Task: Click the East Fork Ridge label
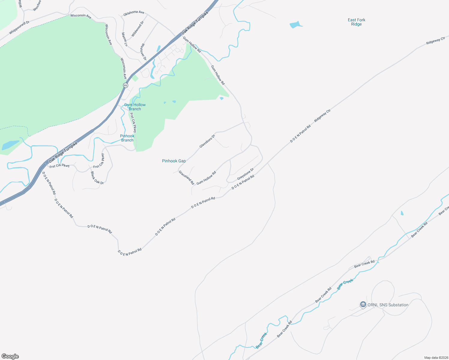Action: click(x=357, y=22)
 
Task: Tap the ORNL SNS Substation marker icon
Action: click(x=363, y=305)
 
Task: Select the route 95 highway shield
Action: click(x=125, y=85)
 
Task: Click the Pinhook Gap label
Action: click(x=174, y=161)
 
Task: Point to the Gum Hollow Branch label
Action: click(x=135, y=107)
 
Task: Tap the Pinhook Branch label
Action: click(x=127, y=138)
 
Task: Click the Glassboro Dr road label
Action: click(x=207, y=141)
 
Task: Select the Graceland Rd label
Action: click(x=186, y=178)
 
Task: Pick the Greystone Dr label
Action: click(x=246, y=174)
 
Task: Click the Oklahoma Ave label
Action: click(x=134, y=13)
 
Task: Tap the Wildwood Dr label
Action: click(x=138, y=29)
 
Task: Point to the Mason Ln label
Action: click(x=124, y=39)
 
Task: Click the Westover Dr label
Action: click(x=143, y=52)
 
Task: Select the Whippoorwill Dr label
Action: click(x=19, y=28)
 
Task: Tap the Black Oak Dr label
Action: click(x=97, y=178)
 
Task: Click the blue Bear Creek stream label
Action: click(x=345, y=284)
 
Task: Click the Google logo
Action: click(x=10, y=356)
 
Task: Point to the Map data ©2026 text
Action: click(x=436, y=358)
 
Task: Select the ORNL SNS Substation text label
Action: click(x=388, y=305)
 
